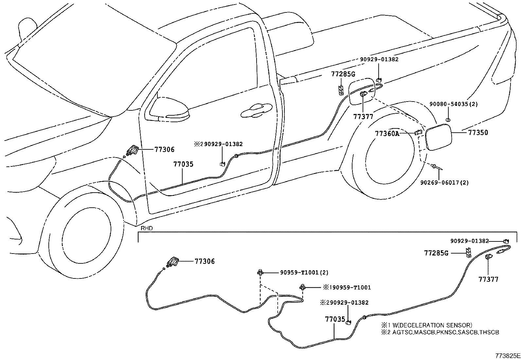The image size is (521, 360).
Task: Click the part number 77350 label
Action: coord(478,133)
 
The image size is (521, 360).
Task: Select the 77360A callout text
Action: coord(387,134)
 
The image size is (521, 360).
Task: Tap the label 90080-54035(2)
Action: coord(454,104)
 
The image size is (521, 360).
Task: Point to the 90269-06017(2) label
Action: coord(444,182)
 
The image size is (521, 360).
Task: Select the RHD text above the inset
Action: coord(147,228)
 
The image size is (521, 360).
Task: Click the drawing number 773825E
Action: coord(507,355)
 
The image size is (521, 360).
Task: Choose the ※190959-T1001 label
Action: coord(347,288)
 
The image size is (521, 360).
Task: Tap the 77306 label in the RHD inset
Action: coord(205,261)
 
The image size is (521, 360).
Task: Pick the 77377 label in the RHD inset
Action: coord(488,279)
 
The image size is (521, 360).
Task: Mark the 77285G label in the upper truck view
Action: coord(343,74)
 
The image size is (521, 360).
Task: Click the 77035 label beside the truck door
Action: coord(183,164)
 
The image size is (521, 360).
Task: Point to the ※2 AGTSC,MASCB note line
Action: coord(440,332)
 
